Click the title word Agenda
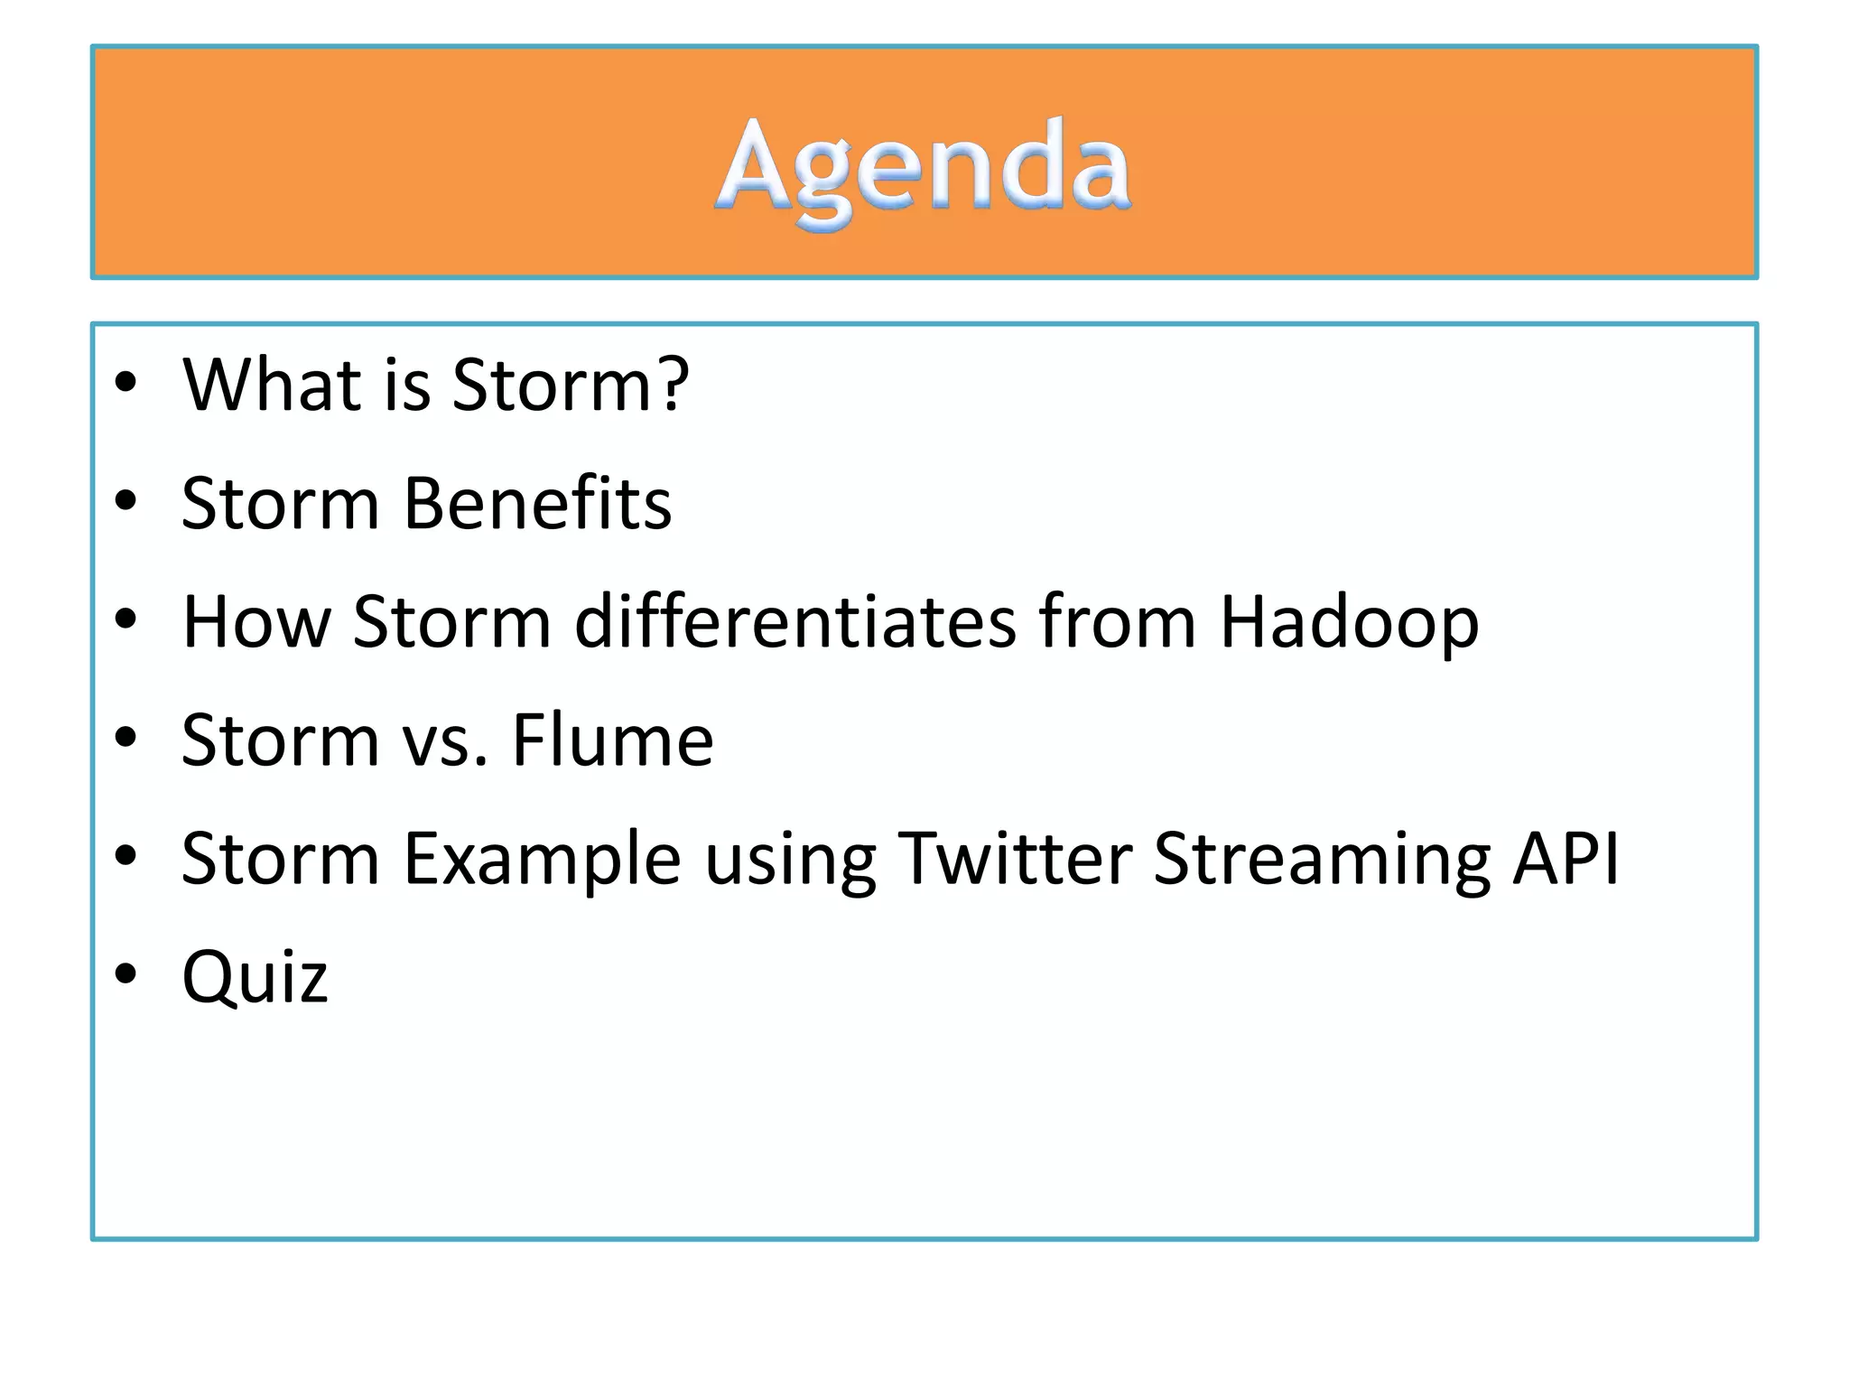point(924,168)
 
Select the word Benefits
point(537,503)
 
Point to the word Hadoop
point(1349,623)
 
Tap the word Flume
point(613,740)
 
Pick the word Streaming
point(1323,861)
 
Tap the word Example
point(542,861)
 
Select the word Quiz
point(255,978)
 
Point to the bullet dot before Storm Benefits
point(125,499)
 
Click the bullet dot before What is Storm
point(125,381)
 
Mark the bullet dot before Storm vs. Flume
point(125,736)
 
